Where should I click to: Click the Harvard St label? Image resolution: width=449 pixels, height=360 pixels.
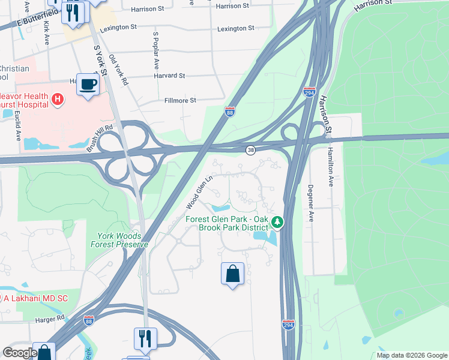169,76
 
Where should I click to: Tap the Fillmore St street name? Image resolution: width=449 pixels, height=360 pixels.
180,100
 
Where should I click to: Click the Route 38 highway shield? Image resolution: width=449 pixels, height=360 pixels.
249,149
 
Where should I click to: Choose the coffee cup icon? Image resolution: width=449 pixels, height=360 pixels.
88,84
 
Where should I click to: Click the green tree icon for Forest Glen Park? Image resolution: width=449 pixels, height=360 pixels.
277,223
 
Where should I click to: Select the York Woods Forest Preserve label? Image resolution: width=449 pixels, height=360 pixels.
119,240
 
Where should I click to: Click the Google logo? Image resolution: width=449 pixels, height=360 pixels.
20,353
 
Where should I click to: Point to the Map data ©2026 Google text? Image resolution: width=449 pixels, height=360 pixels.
412,355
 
